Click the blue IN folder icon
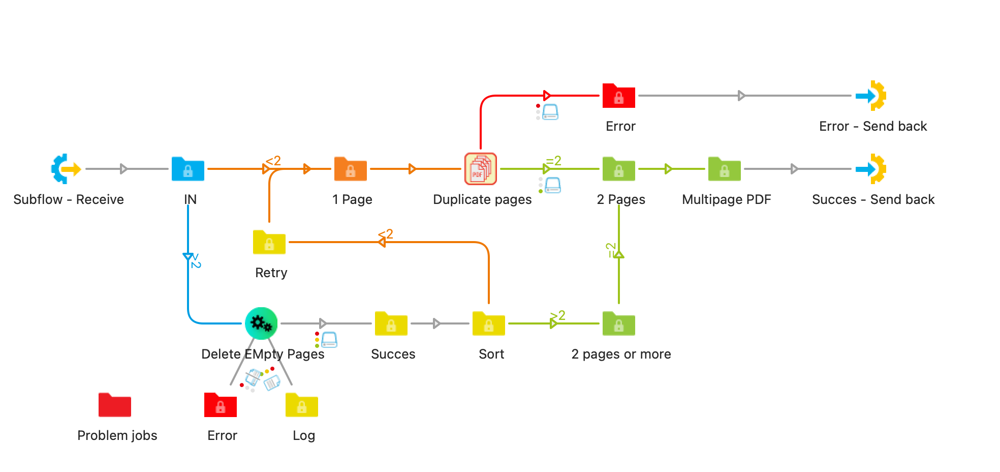(x=188, y=169)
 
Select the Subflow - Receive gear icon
(x=66, y=168)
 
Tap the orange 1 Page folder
(x=351, y=169)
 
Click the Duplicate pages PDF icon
(x=481, y=169)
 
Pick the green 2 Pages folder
(x=619, y=169)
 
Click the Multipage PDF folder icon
(x=725, y=169)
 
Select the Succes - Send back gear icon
(x=871, y=168)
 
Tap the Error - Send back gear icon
(x=871, y=95)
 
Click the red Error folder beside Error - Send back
(x=619, y=96)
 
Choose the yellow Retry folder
(x=269, y=243)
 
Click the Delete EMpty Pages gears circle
(x=261, y=323)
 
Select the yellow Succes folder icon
(x=391, y=324)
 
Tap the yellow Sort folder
(x=489, y=324)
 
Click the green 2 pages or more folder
(x=619, y=324)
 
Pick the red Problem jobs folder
(x=115, y=405)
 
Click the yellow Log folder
(x=302, y=405)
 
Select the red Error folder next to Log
(x=221, y=405)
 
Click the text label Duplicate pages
(x=482, y=199)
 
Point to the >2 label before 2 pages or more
(x=558, y=316)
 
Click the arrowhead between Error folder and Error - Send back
(x=741, y=96)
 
